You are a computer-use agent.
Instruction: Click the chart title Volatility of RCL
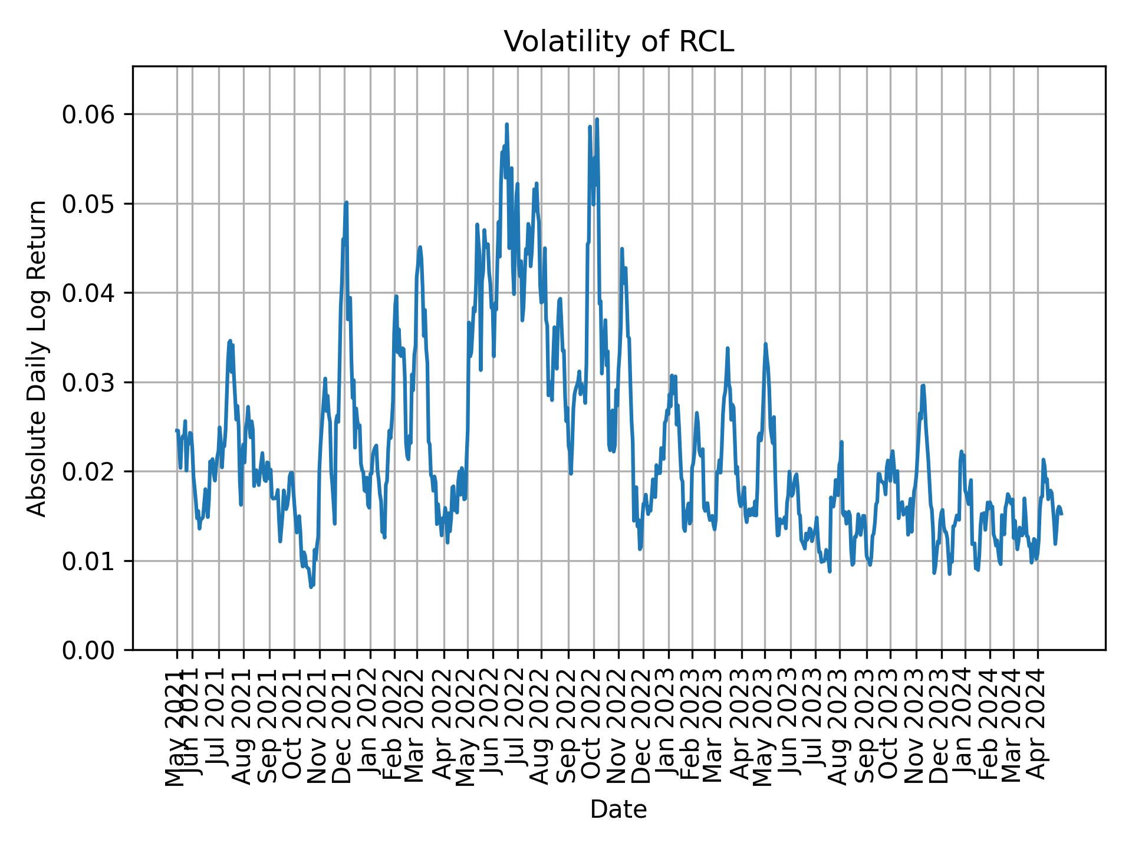point(618,42)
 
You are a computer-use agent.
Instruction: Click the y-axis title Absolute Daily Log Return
point(38,358)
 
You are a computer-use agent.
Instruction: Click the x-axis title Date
point(618,809)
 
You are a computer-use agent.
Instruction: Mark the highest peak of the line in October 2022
point(597,119)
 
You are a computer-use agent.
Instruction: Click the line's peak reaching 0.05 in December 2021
point(347,202)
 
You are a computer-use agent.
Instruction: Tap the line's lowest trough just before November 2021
point(311,587)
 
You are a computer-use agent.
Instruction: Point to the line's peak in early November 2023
point(923,385)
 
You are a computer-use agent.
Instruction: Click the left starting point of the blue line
point(176,430)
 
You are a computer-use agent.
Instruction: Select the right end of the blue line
point(1061,515)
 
